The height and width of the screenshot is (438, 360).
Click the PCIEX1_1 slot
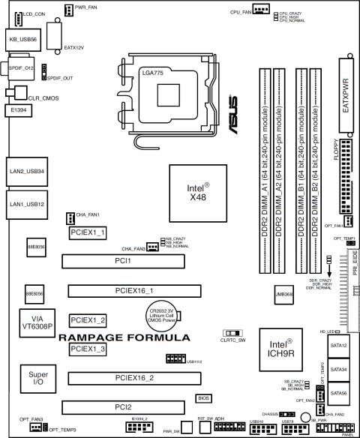click(x=88, y=232)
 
